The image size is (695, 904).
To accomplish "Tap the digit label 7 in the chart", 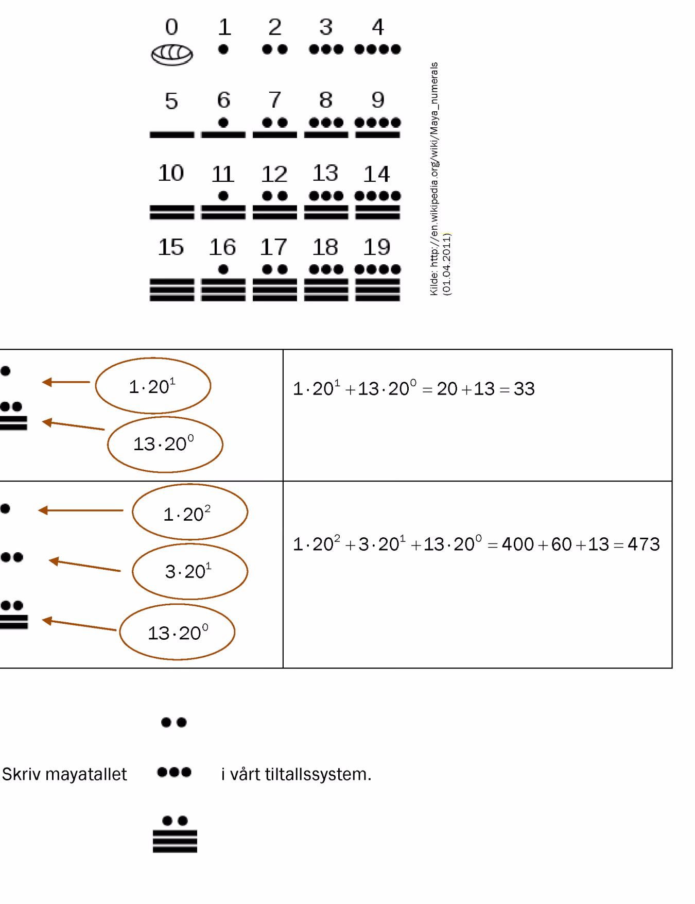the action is (x=275, y=99).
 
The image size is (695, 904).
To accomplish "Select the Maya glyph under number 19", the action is (x=377, y=283).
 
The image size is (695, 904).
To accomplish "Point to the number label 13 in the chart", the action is (x=325, y=173).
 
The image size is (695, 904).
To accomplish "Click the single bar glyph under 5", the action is (x=172, y=135).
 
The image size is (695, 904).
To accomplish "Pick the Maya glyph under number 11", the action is (x=223, y=206).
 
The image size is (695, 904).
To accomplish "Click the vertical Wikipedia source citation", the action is (x=440, y=179).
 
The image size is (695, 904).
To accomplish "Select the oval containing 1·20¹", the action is (x=153, y=385).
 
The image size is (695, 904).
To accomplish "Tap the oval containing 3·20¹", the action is (x=190, y=571).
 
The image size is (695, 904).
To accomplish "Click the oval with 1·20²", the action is (x=190, y=511).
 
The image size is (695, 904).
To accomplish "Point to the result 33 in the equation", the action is (x=524, y=389).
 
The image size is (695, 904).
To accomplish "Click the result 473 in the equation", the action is (x=644, y=544).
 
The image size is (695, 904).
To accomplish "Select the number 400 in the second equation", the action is (x=518, y=544).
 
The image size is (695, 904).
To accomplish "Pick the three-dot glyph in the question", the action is (x=174, y=772).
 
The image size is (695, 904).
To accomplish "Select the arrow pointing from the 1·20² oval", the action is (x=81, y=510).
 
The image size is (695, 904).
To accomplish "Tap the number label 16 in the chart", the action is (x=222, y=247).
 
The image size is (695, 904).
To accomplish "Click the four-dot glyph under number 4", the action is (x=377, y=49).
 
